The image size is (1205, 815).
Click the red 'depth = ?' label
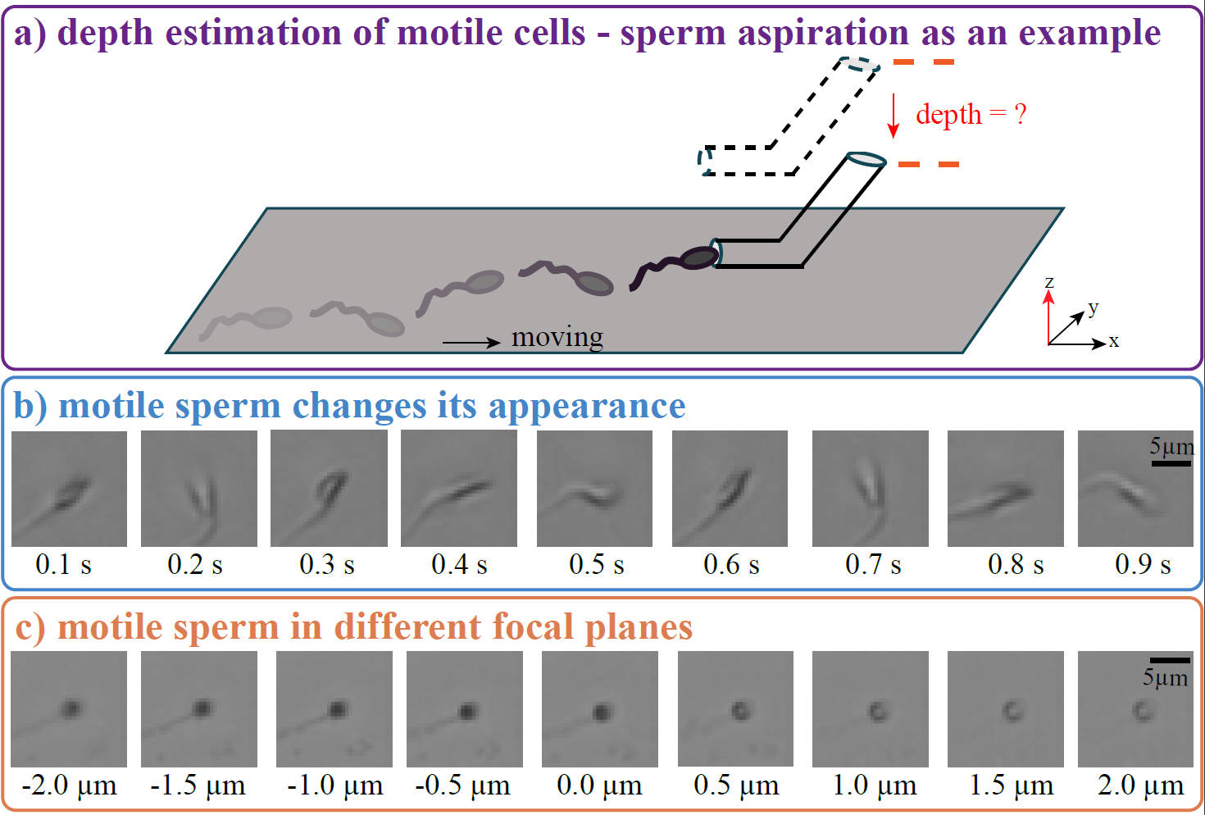pos(971,114)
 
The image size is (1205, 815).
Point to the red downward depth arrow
pos(894,116)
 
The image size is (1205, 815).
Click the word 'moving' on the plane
pos(557,337)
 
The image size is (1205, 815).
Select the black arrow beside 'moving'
pos(471,342)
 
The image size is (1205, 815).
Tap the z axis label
pos(1049,282)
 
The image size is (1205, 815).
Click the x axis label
pos(1114,341)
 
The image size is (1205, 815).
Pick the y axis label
pos(1093,307)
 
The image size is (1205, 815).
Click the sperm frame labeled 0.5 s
pos(594,489)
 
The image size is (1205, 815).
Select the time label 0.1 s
pos(63,564)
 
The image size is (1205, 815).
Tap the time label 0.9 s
pos(1143,564)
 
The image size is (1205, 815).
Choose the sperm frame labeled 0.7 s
pos(870,489)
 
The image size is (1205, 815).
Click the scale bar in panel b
pos(1171,463)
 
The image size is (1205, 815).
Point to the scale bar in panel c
pos(1170,660)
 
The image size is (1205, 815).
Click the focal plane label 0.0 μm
pos(599,785)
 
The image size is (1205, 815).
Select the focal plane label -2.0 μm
pos(69,785)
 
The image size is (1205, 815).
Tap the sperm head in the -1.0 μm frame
pos(336,708)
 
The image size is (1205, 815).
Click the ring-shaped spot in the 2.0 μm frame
pos(1142,710)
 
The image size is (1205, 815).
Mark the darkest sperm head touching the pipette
pos(699,257)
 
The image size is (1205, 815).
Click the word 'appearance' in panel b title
pos(587,406)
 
